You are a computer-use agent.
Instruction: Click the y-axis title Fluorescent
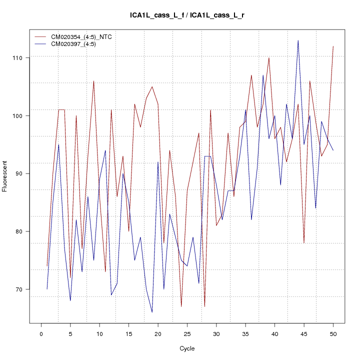coord(5,176)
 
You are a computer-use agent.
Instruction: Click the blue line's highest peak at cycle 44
coord(298,40)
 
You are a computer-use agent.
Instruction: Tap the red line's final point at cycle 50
coord(333,46)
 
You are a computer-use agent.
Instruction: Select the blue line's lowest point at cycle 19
coord(152,312)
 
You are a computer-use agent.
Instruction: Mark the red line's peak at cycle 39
coord(269,58)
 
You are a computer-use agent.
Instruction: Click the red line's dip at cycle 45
coord(304,243)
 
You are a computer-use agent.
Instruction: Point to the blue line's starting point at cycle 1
coord(47,289)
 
